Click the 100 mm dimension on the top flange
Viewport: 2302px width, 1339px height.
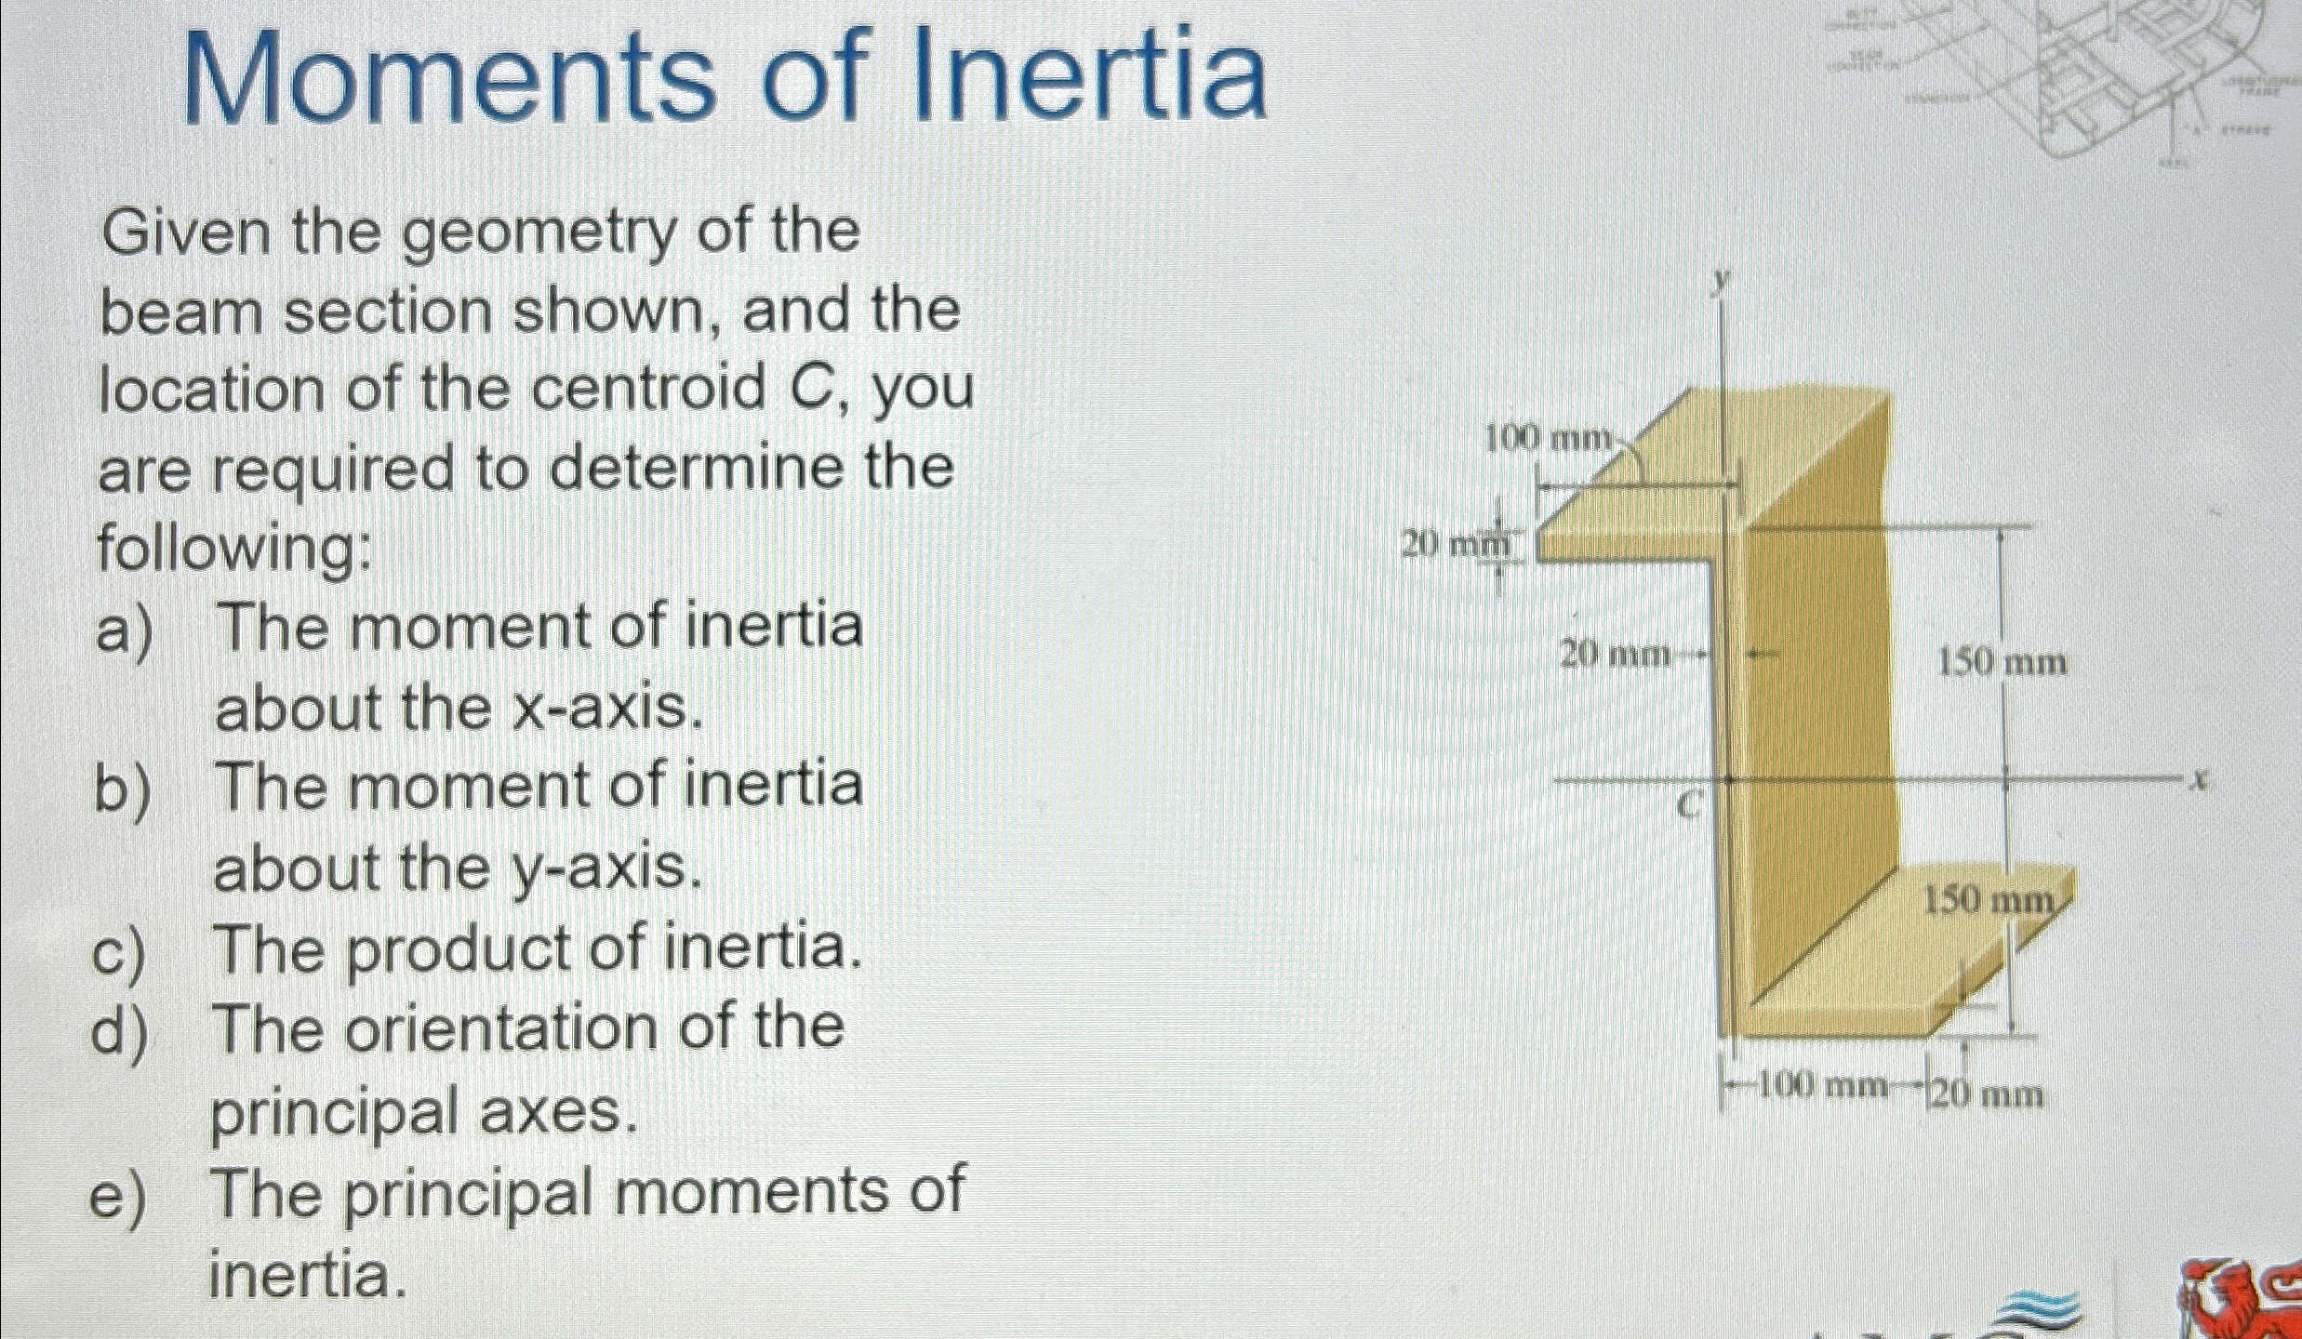1548,438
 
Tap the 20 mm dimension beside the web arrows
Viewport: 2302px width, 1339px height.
1615,656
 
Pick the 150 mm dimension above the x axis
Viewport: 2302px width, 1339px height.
2002,663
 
